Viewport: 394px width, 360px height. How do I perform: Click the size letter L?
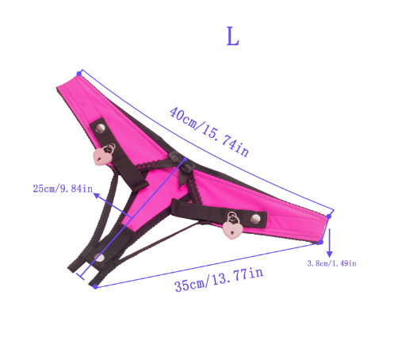231,37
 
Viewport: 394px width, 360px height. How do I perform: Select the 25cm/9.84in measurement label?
62,189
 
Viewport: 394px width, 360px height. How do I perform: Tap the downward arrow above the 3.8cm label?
329,239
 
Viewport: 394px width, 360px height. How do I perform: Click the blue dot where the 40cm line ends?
332,213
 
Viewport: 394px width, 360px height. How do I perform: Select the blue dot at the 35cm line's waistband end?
320,239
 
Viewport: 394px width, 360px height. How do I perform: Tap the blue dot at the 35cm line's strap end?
96,286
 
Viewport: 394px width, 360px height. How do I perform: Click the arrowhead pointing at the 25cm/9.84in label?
97,190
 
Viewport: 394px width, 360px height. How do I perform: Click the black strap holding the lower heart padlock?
198,211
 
